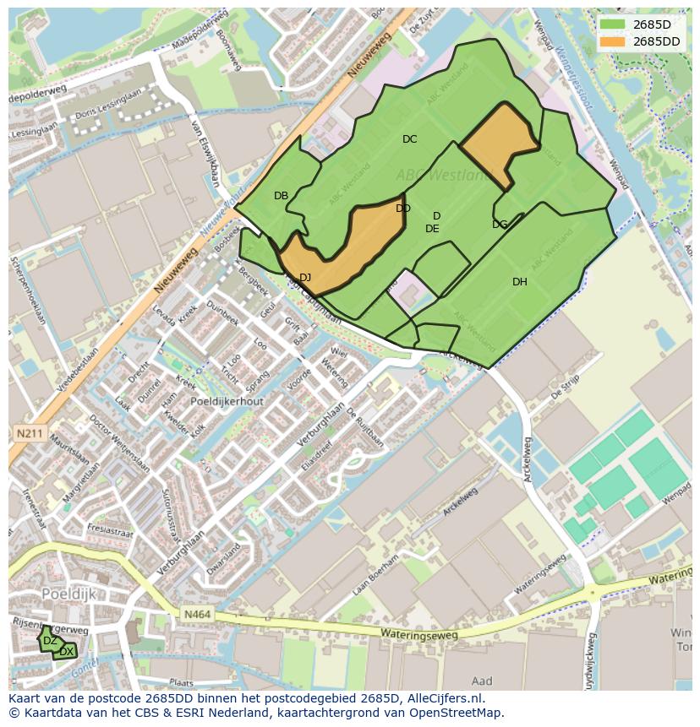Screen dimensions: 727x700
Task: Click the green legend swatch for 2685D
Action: [612, 24]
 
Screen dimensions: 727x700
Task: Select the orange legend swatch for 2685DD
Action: [612, 41]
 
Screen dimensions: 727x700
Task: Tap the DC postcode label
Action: [409, 139]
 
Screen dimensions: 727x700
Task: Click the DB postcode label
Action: [281, 196]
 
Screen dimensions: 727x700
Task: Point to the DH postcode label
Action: [519, 282]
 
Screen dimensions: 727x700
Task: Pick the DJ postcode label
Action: [305, 278]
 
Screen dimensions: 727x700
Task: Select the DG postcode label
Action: [500, 225]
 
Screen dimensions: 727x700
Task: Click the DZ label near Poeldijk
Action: [50, 641]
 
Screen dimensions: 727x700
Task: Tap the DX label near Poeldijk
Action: [66, 652]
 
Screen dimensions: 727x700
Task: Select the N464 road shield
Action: [195, 617]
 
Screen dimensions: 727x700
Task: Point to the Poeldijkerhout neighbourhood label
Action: [227, 402]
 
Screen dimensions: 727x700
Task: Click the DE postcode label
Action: [432, 229]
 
